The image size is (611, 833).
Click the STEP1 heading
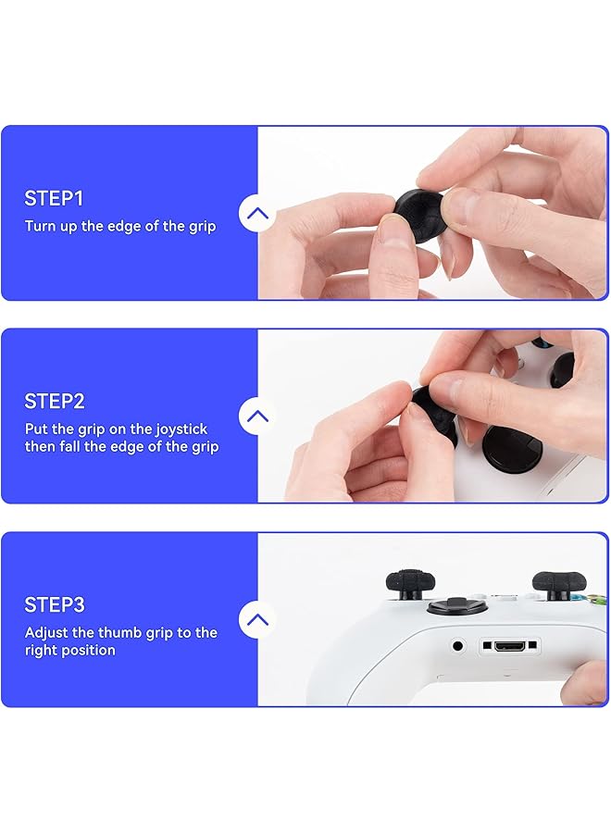[x=54, y=198]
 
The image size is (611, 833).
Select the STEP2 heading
[x=55, y=402]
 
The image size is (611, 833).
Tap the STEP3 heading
[x=55, y=605]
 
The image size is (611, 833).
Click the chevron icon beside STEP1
[x=257, y=214]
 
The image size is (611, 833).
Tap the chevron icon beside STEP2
[x=257, y=416]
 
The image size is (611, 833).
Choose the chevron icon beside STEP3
[x=257, y=620]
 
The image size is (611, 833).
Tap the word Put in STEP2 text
[x=36, y=429]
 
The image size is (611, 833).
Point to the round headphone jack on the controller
[x=456, y=645]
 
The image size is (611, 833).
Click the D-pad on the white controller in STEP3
[x=451, y=607]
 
